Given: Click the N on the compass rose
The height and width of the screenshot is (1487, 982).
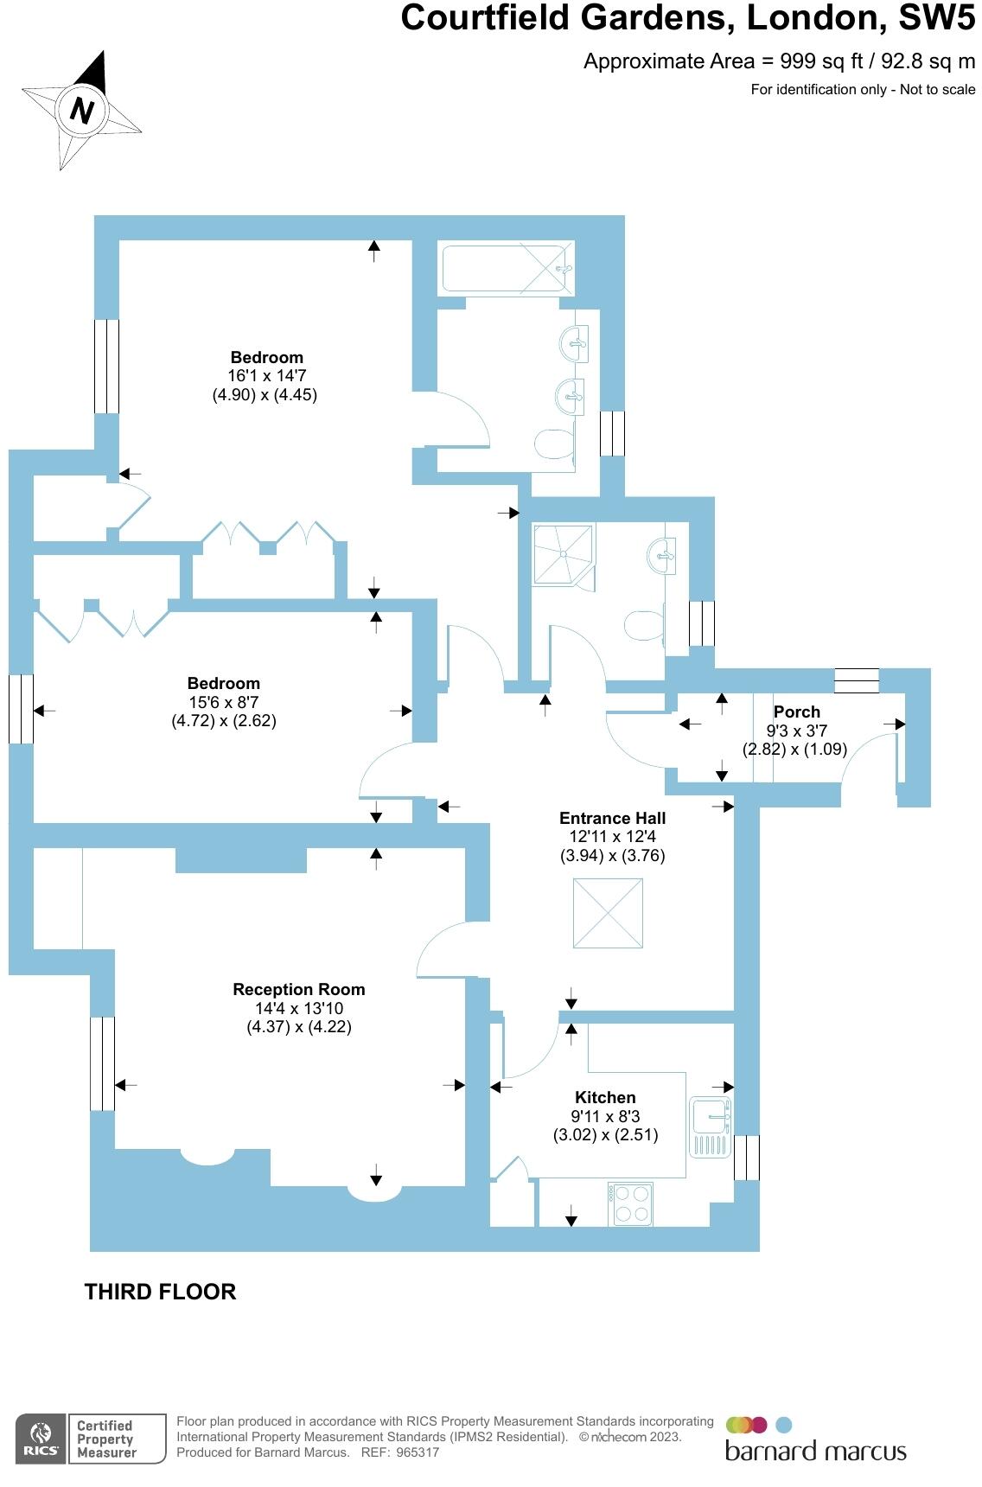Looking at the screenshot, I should pyautogui.click(x=82, y=110).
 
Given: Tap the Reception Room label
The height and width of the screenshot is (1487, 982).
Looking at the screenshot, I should pyautogui.click(x=298, y=990).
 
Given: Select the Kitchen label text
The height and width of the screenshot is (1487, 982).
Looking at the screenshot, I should pyautogui.click(x=605, y=1098).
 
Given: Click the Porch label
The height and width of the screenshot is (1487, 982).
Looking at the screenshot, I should pyautogui.click(x=796, y=712).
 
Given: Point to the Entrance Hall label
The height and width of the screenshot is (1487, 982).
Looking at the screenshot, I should pyautogui.click(x=612, y=819).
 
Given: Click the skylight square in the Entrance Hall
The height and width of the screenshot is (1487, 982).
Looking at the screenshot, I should pyautogui.click(x=608, y=913).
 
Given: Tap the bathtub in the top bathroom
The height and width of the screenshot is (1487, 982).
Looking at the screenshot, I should pyautogui.click(x=507, y=269).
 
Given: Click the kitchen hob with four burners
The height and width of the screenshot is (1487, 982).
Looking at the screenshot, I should pyautogui.click(x=631, y=1203).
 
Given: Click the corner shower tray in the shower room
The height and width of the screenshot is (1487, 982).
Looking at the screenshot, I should pyautogui.click(x=563, y=553).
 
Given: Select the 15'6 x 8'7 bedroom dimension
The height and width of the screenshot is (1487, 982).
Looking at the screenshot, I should pyautogui.click(x=224, y=702).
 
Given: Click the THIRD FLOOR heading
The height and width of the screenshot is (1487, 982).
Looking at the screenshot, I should pyautogui.click(x=160, y=1292).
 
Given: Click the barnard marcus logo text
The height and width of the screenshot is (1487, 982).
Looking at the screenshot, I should pyautogui.click(x=815, y=1451).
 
